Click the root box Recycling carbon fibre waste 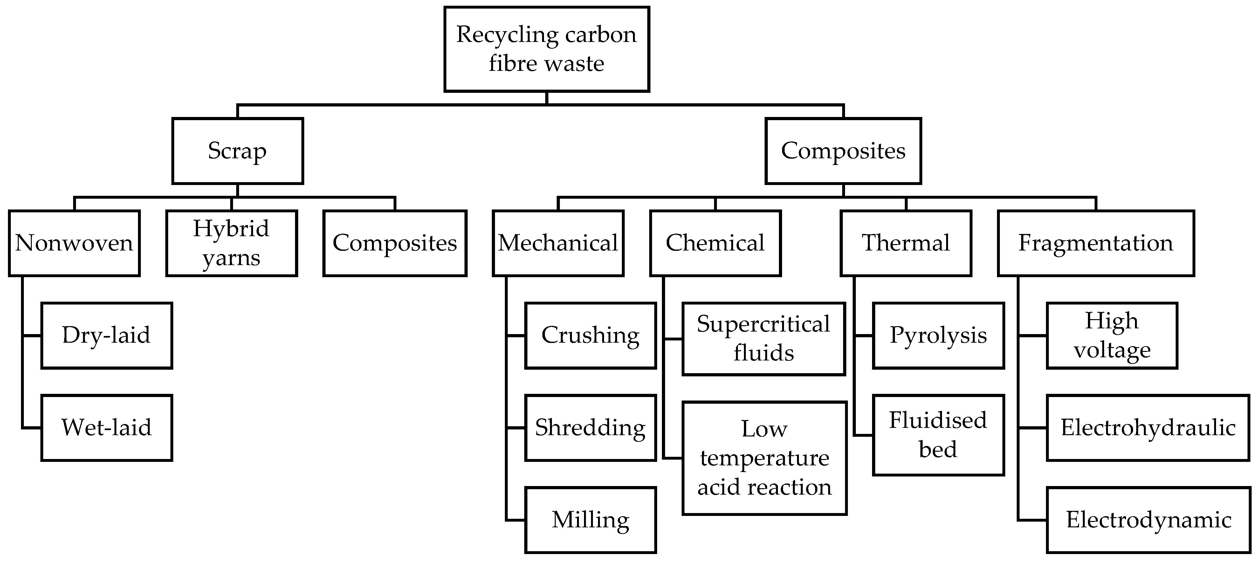point(547,49)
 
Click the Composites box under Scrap point(395,243)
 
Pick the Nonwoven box point(74,243)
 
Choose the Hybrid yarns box point(231,243)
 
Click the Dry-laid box point(107,335)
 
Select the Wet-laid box point(107,428)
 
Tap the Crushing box point(590,335)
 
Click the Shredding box point(590,428)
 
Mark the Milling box point(590,520)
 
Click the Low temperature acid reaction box point(764,458)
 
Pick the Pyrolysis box point(938,335)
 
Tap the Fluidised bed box point(938,435)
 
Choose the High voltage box point(1112,335)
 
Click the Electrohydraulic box point(1148,428)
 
